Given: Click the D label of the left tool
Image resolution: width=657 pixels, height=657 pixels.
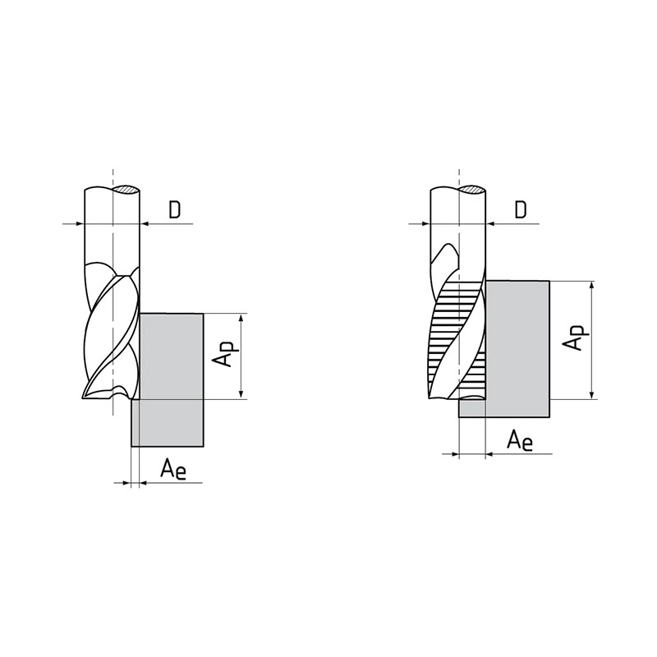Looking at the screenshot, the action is (174, 209).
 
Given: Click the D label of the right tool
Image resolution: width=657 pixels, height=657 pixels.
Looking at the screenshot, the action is (520, 209).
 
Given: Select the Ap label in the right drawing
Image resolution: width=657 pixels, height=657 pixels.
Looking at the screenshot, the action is (576, 338).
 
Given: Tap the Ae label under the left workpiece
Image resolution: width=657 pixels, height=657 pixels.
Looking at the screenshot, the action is (173, 469).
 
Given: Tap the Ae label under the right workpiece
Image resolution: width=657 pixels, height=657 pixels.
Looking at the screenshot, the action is (520, 440).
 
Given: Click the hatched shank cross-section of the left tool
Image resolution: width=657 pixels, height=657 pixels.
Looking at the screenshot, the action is (126, 190).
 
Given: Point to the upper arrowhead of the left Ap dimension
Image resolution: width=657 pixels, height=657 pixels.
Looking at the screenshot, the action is (241, 319).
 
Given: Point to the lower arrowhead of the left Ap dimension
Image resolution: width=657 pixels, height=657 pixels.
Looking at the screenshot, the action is (241, 394).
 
